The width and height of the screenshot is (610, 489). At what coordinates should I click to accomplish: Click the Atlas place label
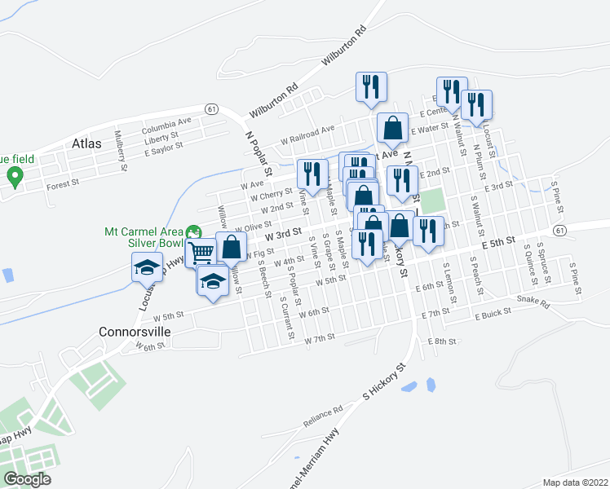click(x=87, y=143)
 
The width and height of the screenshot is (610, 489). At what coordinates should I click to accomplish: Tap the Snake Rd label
click(x=533, y=303)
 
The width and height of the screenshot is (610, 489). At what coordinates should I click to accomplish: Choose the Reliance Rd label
click(x=323, y=415)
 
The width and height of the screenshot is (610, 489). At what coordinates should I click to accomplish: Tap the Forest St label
click(x=62, y=184)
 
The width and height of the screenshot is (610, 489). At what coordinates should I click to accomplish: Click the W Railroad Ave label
click(x=308, y=134)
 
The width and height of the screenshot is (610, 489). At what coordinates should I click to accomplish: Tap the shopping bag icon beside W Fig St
click(x=232, y=247)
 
